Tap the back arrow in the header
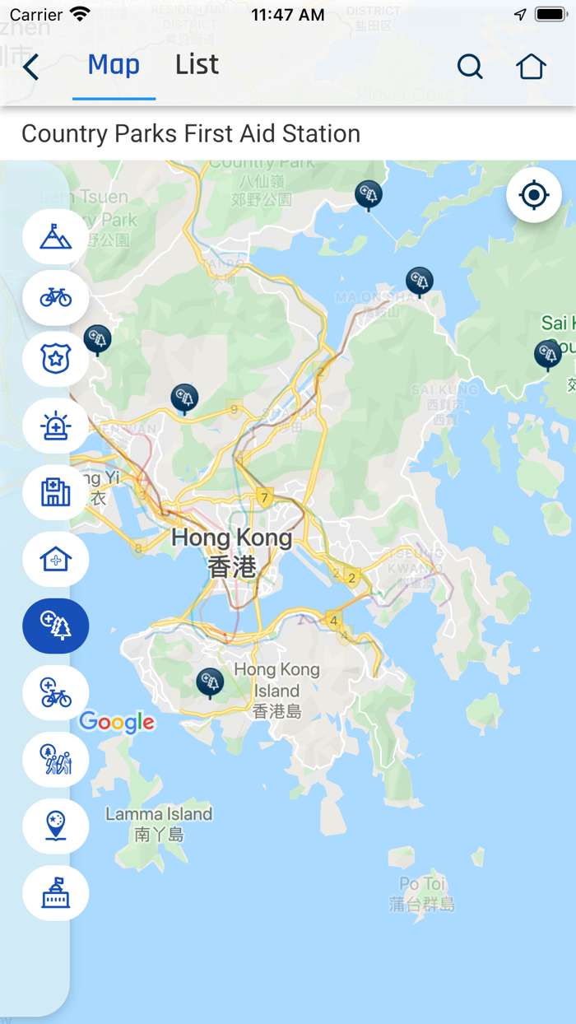[x=31, y=67]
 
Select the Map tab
[x=114, y=65]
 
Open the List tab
[x=197, y=65]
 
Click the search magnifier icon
[x=470, y=67]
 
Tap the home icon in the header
[x=531, y=67]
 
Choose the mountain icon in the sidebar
[x=55, y=237]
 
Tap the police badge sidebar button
[x=55, y=359]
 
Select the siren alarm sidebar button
[x=55, y=426]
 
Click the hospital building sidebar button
[x=55, y=492]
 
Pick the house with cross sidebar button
[x=55, y=560]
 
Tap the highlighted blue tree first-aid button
[x=55, y=626]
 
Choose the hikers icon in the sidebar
[x=55, y=760]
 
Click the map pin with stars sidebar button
[x=55, y=826]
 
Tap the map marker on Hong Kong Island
[x=210, y=682]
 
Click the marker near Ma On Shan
[x=420, y=281]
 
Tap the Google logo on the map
[x=117, y=723]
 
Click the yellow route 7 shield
[x=264, y=497]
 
